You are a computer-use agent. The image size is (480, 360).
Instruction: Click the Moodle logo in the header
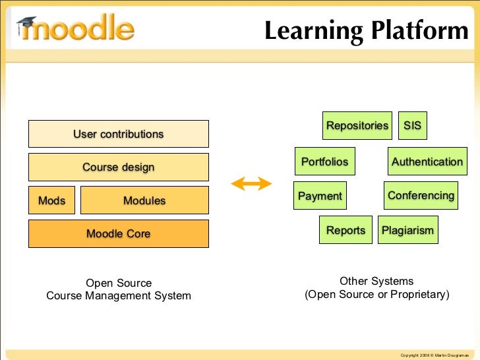click(76, 28)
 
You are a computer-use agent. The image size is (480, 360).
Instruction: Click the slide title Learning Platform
click(366, 30)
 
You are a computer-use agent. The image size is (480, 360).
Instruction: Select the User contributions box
click(118, 134)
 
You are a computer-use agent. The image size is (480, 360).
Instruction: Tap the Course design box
click(118, 167)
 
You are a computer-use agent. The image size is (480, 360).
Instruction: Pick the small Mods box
click(51, 200)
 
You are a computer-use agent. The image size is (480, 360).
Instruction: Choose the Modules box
click(144, 200)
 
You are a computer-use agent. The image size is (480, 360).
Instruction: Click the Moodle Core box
click(118, 233)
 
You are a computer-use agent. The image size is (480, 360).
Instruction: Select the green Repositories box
click(357, 126)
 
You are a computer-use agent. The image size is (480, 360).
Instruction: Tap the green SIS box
click(413, 126)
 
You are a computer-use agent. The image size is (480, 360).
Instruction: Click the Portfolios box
click(324, 162)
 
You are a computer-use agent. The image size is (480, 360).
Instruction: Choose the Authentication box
click(427, 162)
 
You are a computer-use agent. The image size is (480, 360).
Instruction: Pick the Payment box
click(320, 196)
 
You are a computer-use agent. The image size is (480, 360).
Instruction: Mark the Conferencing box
click(421, 196)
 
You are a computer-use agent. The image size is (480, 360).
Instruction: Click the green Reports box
click(345, 230)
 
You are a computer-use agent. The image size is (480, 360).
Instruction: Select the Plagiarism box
click(407, 230)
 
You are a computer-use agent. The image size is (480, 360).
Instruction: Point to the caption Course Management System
click(119, 295)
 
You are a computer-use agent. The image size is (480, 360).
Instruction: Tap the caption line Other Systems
click(376, 281)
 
